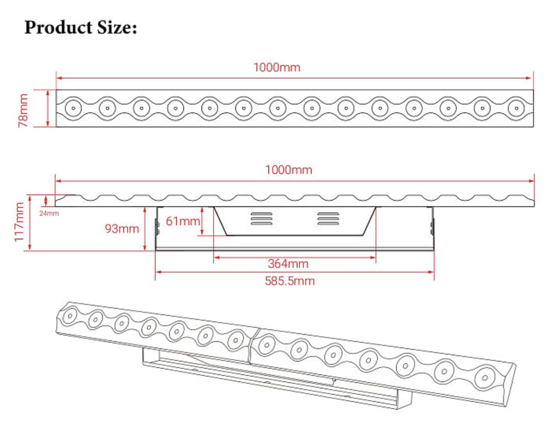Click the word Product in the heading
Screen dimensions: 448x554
coord(58,28)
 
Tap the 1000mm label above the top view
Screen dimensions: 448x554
coord(277,67)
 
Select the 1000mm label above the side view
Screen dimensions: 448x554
coord(288,170)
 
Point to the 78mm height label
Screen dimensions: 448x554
coord(23,110)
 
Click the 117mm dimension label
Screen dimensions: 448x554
coord(19,222)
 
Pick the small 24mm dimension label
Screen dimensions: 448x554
coord(49,213)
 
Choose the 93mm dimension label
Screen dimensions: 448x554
coord(122,229)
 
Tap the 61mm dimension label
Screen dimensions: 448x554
coord(182,221)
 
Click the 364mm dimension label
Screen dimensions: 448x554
coord(288,264)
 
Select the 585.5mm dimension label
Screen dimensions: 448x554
coord(290,281)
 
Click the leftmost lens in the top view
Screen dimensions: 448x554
coord(73,108)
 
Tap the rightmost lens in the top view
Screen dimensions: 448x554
coord(516,108)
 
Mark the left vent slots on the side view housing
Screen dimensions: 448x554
coord(262,218)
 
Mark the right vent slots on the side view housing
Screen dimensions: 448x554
coord(328,218)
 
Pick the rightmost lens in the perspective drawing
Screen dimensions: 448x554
coord(485,377)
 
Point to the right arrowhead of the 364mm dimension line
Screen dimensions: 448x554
coord(373,258)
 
